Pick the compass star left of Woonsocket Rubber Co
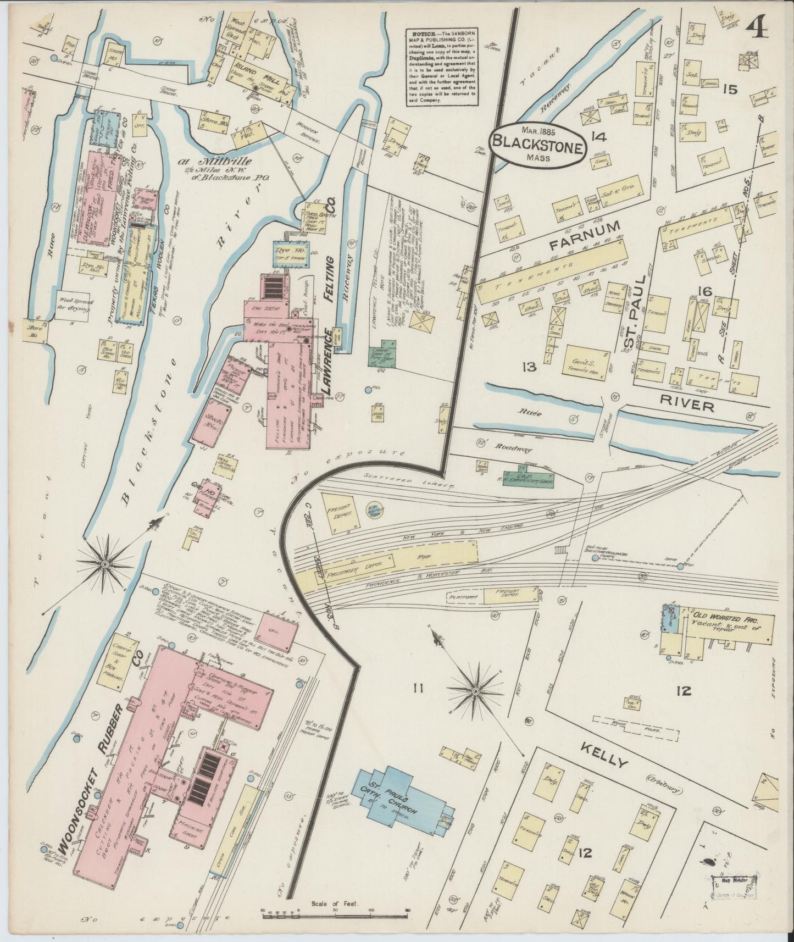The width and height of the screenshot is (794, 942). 104,564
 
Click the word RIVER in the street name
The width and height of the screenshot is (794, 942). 687,406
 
